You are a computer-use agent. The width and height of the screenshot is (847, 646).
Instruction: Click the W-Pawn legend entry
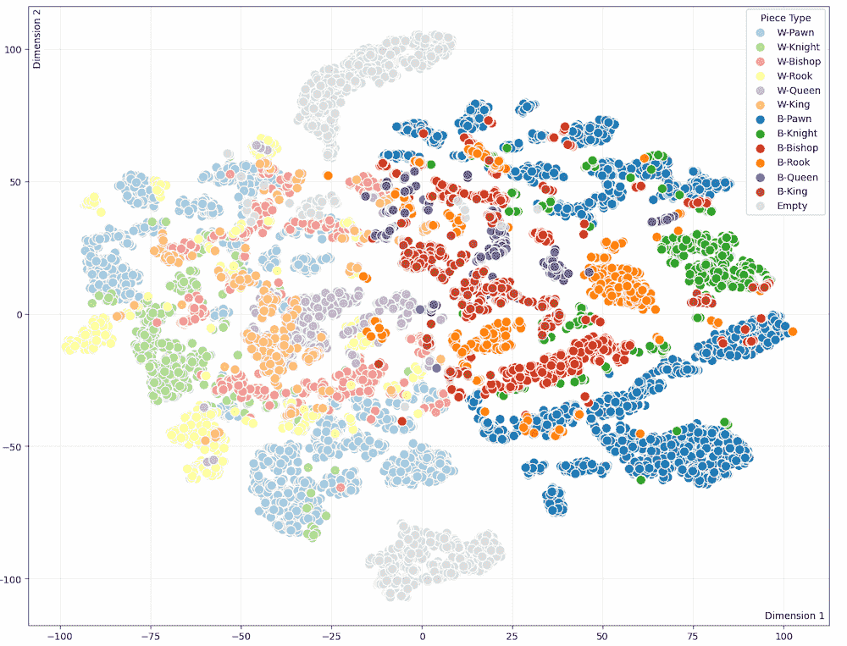click(784, 33)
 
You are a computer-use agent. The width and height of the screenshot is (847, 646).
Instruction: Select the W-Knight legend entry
click(786, 47)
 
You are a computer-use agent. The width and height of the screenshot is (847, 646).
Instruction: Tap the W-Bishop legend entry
click(786, 62)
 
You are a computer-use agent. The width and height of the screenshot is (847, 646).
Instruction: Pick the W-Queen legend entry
click(786, 91)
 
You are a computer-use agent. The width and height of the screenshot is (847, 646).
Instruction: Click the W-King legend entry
click(783, 105)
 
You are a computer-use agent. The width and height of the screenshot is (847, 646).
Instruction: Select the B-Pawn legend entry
click(783, 119)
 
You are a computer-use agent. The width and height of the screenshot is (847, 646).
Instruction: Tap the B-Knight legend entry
click(785, 134)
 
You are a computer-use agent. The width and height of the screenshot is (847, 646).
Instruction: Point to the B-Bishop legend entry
click(785, 148)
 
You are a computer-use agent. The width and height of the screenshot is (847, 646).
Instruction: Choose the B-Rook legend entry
click(783, 163)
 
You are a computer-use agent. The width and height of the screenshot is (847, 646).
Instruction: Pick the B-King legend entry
click(783, 191)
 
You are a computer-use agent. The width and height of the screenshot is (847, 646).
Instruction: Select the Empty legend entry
click(780, 206)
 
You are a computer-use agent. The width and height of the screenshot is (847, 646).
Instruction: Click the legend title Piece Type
click(784, 18)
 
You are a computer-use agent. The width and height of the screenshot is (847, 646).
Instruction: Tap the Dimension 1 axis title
click(794, 616)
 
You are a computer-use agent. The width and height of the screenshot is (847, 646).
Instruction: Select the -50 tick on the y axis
click(14, 446)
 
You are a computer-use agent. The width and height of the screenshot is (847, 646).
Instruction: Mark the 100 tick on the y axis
click(14, 49)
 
